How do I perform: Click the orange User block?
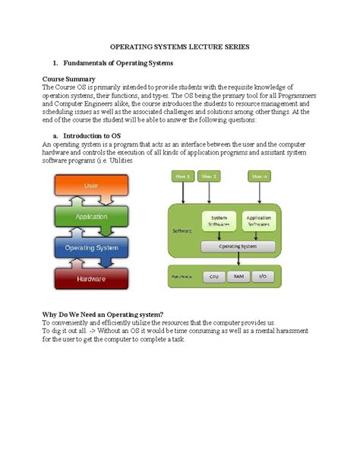coord(91,185)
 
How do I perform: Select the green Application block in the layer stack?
coord(91,216)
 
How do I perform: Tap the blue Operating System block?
coord(91,248)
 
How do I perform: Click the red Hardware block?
coord(91,279)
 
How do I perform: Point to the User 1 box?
coord(183,176)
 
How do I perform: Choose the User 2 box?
coord(210,176)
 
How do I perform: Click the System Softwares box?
coord(219,221)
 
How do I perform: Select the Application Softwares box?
coord(259,221)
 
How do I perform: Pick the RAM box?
coord(238,277)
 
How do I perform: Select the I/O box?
coord(262,277)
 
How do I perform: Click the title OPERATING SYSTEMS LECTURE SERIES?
coord(180,47)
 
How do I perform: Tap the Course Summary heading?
coord(68,79)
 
